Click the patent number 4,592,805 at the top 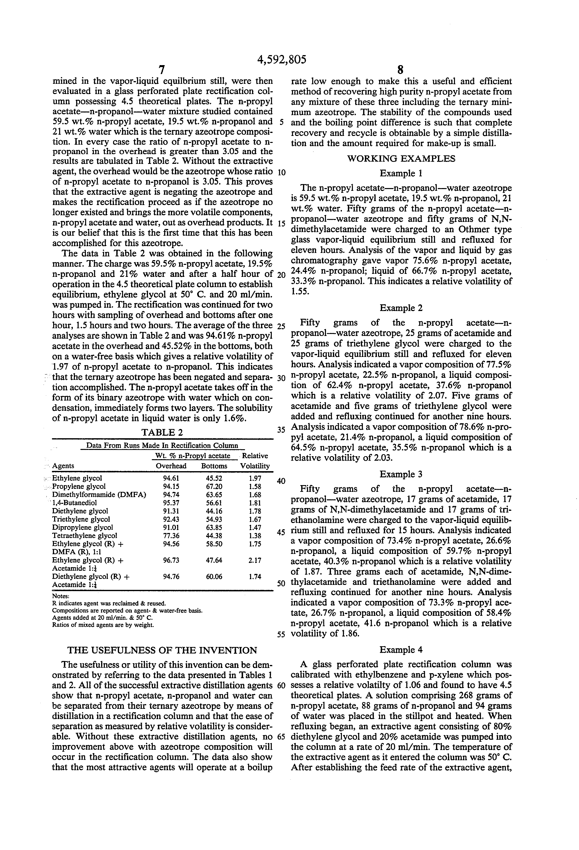point(282,60)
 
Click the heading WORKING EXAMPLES point(401,159)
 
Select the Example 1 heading point(401,173)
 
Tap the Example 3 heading point(401,474)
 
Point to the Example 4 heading point(401,650)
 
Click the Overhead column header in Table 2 point(171,466)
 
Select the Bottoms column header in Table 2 point(214,466)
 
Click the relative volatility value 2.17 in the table point(255,560)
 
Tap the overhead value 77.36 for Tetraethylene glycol point(171,535)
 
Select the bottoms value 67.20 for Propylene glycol point(214,486)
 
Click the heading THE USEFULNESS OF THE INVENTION point(162,650)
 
